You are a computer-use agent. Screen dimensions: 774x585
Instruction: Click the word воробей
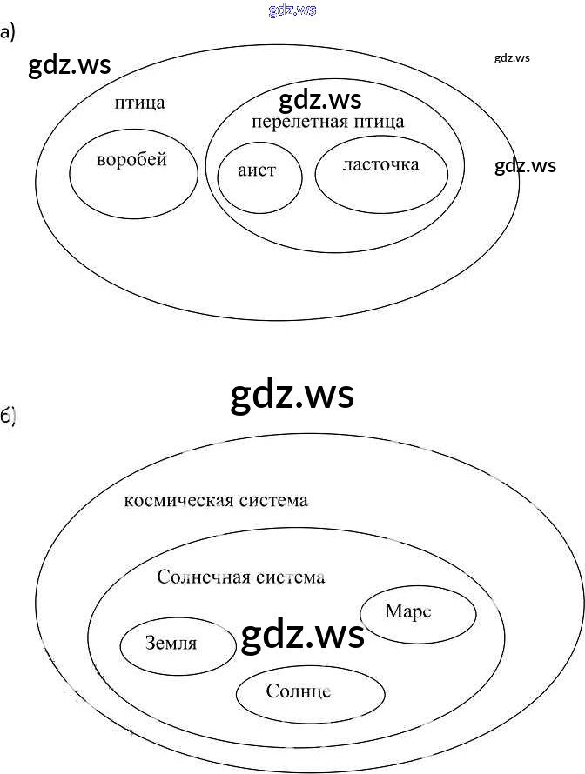click(131, 160)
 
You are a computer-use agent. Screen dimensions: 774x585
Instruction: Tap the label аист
click(257, 170)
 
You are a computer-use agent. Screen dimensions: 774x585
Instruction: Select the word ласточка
click(380, 164)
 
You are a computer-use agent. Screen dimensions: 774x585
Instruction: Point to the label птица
click(139, 103)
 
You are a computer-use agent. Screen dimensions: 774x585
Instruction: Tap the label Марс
click(408, 611)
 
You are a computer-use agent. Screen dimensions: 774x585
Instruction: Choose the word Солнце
click(299, 691)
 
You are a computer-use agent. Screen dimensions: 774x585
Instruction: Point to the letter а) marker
click(7, 33)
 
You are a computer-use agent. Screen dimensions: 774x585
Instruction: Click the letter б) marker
click(8, 417)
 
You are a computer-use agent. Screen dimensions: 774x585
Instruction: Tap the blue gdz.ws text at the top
click(292, 10)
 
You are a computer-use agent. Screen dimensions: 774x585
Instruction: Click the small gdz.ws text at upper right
click(512, 58)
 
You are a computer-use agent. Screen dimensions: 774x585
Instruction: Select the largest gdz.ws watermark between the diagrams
click(292, 395)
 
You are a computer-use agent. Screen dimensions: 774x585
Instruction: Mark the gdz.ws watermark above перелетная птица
click(320, 99)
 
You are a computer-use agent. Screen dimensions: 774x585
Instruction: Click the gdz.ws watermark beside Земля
click(302, 636)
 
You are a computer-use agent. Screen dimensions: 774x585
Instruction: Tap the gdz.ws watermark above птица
click(70, 66)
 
